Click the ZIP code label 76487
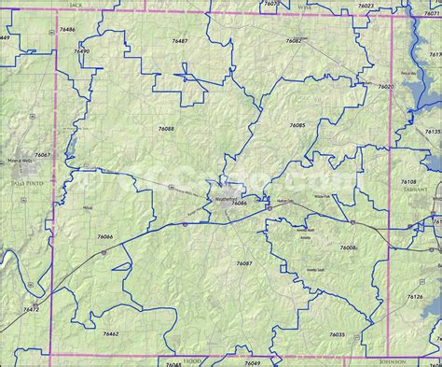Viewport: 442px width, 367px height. click(180, 41)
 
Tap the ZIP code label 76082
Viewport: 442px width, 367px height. click(294, 41)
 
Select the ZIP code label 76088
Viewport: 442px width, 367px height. click(166, 128)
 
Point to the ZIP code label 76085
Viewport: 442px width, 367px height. click(297, 124)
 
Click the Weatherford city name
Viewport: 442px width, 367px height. click(228, 198)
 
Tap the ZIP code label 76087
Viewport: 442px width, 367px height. click(244, 263)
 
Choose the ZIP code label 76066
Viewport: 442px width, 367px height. click(105, 237)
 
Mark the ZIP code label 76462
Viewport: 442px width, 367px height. click(111, 333)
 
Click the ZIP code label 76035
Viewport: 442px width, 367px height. click(337, 334)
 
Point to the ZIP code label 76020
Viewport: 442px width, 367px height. click(385, 86)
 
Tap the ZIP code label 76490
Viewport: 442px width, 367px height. click(82, 51)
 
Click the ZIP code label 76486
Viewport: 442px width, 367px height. click(67, 29)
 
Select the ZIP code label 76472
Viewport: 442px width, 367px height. click(31, 309)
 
